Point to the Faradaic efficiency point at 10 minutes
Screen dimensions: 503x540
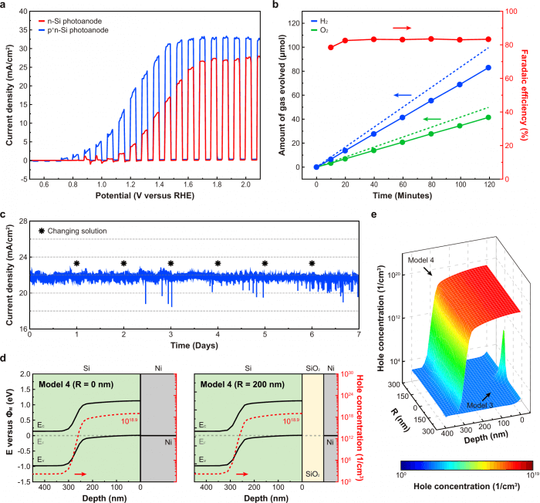[331, 47]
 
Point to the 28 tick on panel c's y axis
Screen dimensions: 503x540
[22, 221]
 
